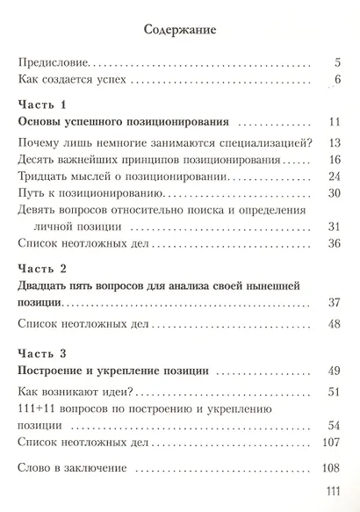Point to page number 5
pyautogui.click(x=336, y=62)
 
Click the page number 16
pyautogui.click(x=333, y=161)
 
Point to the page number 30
pyautogui.click(x=333, y=193)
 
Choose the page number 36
pyautogui.click(x=333, y=243)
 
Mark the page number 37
pyautogui.click(x=333, y=303)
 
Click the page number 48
pyautogui.click(x=333, y=323)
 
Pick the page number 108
pyautogui.click(x=331, y=468)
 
